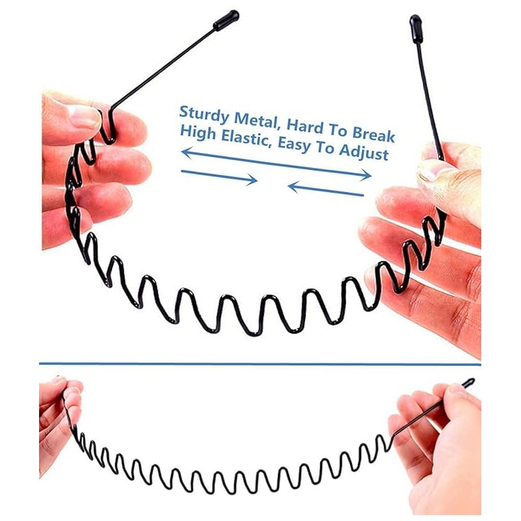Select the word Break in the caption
pyautogui.click(x=373, y=134)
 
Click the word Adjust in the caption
pyautogui.click(x=363, y=152)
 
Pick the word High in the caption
pyautogui.click(x=198, y=133)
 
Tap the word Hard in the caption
pyautogui.click(x=305, y=126)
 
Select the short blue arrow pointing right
pyautogui.click(x=219, y=176)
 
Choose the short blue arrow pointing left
pyautogui.click(x=326, y=189)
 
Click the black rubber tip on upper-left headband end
pyautogui.click(x=226, y=20)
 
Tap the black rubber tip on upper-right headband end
pyautogui.click(x=416, y=29)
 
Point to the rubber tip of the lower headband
pyautogui.click(x=468, y=383)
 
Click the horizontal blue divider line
pyautogui.click(x=260, y=364)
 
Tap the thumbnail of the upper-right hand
pyautogui.click(x=430, y=171)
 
